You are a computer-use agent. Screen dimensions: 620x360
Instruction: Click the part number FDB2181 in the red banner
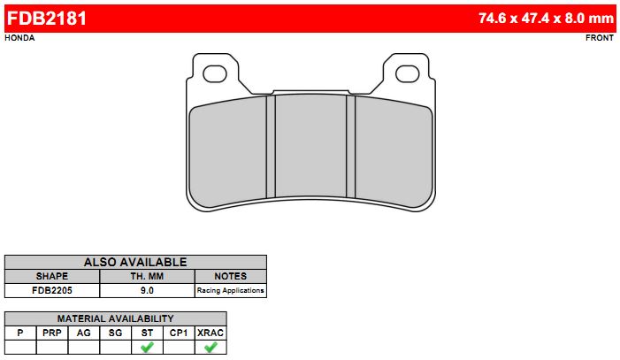(47, 19)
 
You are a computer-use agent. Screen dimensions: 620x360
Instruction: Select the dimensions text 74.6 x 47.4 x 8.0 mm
(546, 19)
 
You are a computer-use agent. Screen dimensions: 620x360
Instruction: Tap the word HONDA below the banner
(19, 38)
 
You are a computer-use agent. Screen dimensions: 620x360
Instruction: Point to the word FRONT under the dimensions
(600, 38)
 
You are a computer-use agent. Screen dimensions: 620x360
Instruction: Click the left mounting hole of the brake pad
(214, 74)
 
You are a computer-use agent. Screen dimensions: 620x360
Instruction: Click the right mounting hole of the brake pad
(407, 74)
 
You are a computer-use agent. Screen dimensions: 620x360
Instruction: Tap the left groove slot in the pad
(271, 146)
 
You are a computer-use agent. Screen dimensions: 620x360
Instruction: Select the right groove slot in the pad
(351, 146)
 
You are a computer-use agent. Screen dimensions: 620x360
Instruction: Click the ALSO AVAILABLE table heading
(135, 263)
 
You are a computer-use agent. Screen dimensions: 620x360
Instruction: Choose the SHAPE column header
(52, 276)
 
